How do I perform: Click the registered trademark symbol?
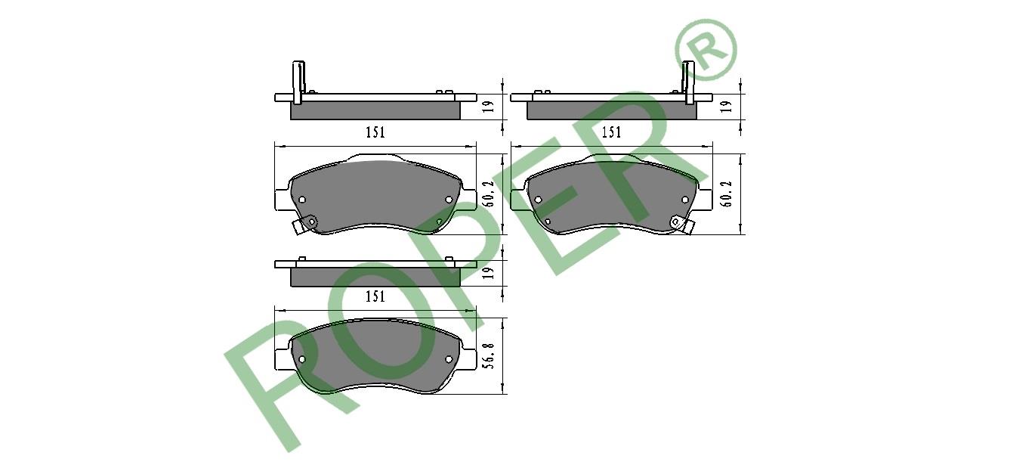706,50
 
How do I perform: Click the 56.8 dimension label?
489,356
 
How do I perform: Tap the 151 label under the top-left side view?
375,132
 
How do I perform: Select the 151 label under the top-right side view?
611,132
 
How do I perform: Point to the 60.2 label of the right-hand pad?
726,194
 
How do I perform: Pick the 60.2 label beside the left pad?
489,194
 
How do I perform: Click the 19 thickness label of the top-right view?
725,107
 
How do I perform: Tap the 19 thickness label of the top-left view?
489,107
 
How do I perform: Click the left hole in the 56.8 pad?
302,359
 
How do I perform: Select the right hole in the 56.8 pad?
449,359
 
